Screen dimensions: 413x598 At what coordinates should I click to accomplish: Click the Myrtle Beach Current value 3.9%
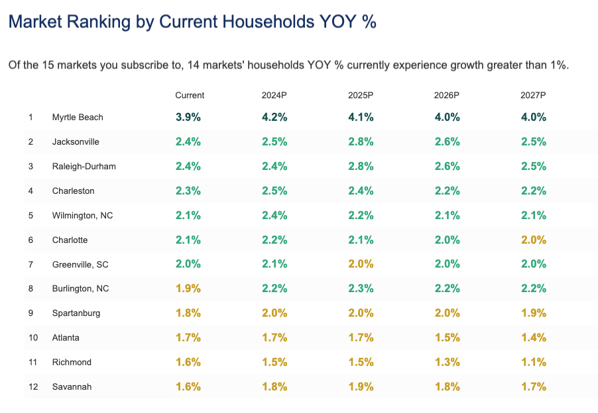click(188, 117)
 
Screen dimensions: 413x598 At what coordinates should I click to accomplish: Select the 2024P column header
click(274, 95)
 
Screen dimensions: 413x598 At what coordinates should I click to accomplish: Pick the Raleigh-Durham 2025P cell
click(361, 166)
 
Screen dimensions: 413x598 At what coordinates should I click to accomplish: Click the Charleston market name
click(73, 191)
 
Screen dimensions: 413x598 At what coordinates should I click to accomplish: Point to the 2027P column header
click(533, 95)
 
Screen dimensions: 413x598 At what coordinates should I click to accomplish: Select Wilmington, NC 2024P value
click(274, 215)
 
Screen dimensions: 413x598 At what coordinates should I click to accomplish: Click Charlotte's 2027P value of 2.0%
click(533, 240)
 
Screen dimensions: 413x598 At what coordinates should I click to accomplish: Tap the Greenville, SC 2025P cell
click(361, 264)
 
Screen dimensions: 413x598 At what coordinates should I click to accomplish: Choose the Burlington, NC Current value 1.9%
click(188, 289)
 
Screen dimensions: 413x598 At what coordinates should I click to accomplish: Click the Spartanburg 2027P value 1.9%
click(533, 313)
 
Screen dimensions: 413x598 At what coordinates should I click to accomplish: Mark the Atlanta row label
click(66, 337)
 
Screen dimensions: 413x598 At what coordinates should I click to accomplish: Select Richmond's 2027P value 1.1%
click(533, 362)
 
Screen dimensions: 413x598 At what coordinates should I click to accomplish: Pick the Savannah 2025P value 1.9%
click(361, 386)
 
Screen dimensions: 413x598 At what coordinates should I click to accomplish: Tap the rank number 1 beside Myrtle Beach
click(30, 117)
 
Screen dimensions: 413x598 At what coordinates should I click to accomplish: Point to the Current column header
click(190, 95)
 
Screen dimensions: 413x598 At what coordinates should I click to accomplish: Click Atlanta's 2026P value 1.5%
click(447, 337)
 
